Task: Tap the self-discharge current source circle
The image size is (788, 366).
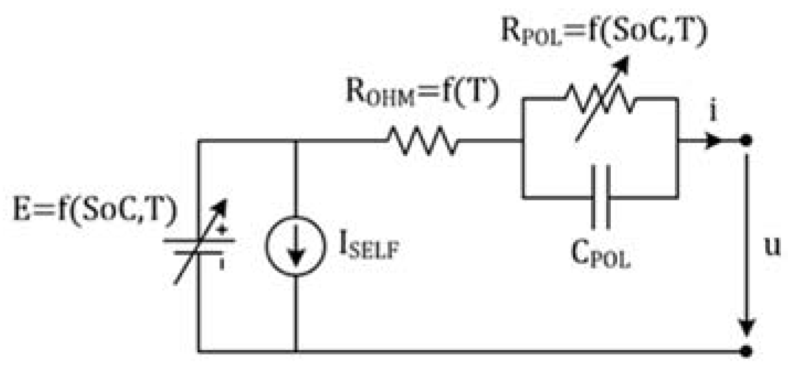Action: [296, 246]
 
